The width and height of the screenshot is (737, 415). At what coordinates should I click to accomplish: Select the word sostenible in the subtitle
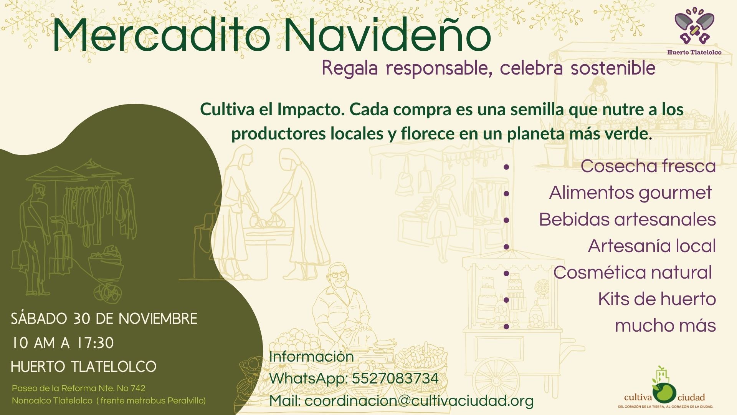coord(613,68)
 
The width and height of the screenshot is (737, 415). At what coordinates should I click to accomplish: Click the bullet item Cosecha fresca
coord(648,166)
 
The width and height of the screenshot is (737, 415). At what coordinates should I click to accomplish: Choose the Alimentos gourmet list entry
coord(630,193)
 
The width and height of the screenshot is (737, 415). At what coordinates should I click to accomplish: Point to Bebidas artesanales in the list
coord(627,219)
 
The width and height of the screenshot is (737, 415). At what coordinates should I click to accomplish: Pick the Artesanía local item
coord(652,246)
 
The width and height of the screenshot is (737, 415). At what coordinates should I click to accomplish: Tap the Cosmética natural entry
coord(633,272)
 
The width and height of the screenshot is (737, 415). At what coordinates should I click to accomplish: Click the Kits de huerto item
coord(657,299)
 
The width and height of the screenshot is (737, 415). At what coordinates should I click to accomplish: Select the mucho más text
coord(665,325)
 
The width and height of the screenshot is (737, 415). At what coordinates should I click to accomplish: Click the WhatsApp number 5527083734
coord(395,378)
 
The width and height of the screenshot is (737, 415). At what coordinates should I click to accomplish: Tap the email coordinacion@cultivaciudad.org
coord(419,401)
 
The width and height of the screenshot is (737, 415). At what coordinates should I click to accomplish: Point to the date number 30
coord(81,319)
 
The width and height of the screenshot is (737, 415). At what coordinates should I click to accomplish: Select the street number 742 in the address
coord(138,388)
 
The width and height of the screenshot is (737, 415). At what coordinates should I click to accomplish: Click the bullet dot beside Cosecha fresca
coord(506,167)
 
